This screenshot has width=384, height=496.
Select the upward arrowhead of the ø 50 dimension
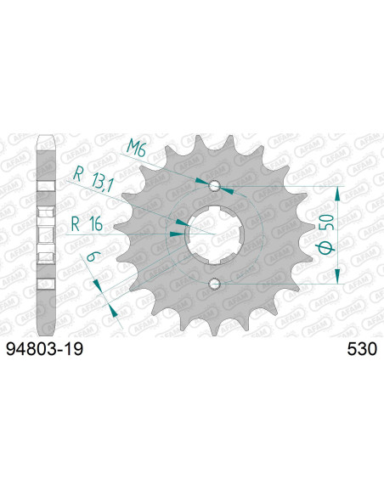338,193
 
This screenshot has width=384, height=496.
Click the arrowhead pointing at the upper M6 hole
201,182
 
